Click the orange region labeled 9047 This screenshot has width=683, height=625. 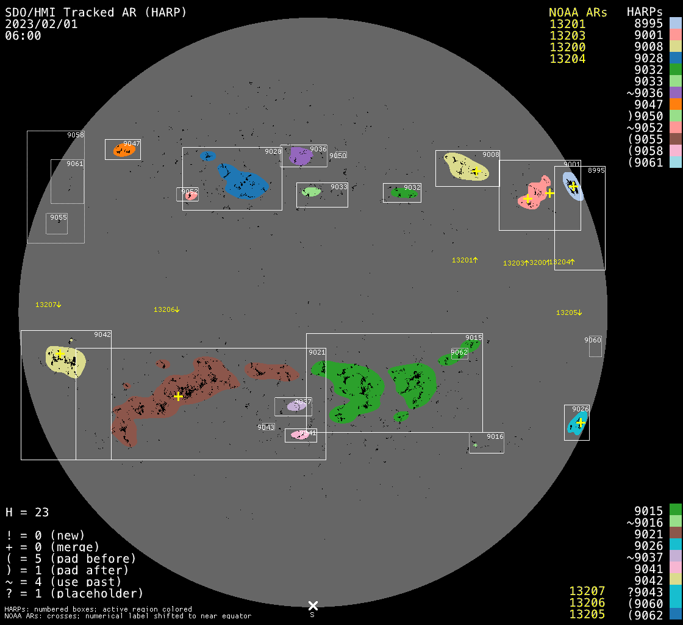123,150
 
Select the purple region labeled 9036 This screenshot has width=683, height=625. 299,156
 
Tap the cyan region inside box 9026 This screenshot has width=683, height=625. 575,424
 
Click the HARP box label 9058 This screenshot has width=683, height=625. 76,135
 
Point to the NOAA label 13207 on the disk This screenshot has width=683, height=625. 48,305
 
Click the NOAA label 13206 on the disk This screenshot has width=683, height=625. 166,310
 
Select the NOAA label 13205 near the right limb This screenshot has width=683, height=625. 569,313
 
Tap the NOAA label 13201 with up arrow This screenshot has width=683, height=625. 464,260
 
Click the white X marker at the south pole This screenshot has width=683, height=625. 313,605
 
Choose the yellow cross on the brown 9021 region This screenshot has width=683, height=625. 178,396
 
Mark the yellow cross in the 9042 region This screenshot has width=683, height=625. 60,353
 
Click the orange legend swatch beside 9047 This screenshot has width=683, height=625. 675,104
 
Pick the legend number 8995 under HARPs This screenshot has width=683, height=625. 648,24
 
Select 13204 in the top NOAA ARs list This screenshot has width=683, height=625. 567,59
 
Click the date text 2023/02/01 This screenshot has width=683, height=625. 41,24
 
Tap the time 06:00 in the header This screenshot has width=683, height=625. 23,35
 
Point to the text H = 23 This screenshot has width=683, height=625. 27,512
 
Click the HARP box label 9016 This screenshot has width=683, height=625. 495,436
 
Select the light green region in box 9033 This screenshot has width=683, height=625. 311,192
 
